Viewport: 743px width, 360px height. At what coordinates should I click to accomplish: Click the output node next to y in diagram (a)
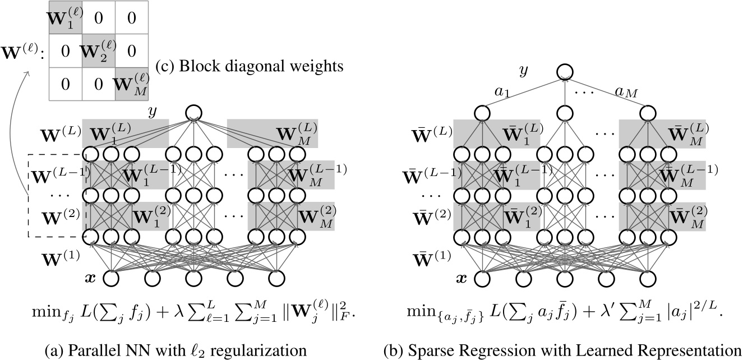(x=193, y=111)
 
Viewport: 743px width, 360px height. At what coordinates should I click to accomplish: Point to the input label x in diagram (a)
(x=90, y=278)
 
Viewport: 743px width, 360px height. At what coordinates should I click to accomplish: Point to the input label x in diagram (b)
(x=462, y=278)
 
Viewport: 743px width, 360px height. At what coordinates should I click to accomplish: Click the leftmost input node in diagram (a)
(x=111, y=278)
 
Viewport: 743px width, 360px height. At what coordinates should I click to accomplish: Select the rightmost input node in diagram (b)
(x=648, y=278)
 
